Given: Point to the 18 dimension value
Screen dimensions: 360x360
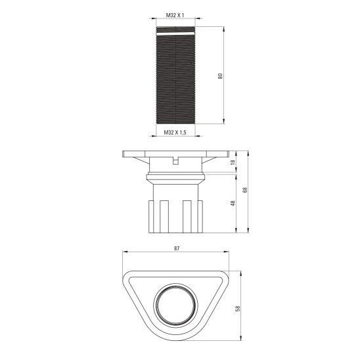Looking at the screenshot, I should click(x=233, y=162).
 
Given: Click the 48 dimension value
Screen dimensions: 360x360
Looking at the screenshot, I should click(x=233, y=203).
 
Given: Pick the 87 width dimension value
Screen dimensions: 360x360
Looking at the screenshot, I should click(x=177, y=249).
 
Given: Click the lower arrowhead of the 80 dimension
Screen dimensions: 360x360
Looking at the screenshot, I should click(x=225, y=122).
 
